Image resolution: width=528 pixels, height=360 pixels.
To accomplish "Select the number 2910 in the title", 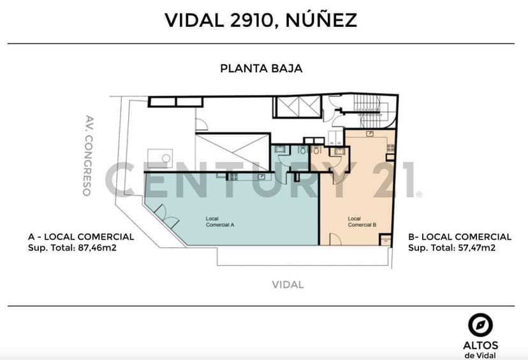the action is click(251, 20).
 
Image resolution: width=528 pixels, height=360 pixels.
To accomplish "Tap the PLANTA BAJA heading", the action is click(261, 69).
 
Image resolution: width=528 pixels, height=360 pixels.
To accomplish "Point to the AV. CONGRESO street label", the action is click(88, 155).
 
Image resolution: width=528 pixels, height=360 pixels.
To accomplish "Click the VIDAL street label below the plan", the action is click(288, 285).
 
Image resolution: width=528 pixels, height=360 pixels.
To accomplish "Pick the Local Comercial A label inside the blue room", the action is click(220, 222).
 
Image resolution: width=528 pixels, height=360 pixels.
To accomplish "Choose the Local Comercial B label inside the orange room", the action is click(362, 222).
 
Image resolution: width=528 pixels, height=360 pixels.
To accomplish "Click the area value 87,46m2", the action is click(98, 248).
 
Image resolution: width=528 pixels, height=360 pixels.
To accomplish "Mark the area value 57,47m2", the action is click(476, 248).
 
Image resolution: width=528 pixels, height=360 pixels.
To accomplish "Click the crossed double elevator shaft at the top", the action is click(298, 106).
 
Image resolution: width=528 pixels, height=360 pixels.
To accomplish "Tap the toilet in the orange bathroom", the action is click(317, 150).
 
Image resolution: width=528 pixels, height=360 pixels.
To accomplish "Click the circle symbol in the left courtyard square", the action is click(166, 158).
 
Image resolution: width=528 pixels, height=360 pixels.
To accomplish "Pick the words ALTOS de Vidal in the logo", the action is click(481, 350).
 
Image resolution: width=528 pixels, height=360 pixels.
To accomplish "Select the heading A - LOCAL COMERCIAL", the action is click(81, 237).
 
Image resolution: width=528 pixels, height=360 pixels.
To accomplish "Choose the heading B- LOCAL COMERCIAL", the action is click(460, 237).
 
